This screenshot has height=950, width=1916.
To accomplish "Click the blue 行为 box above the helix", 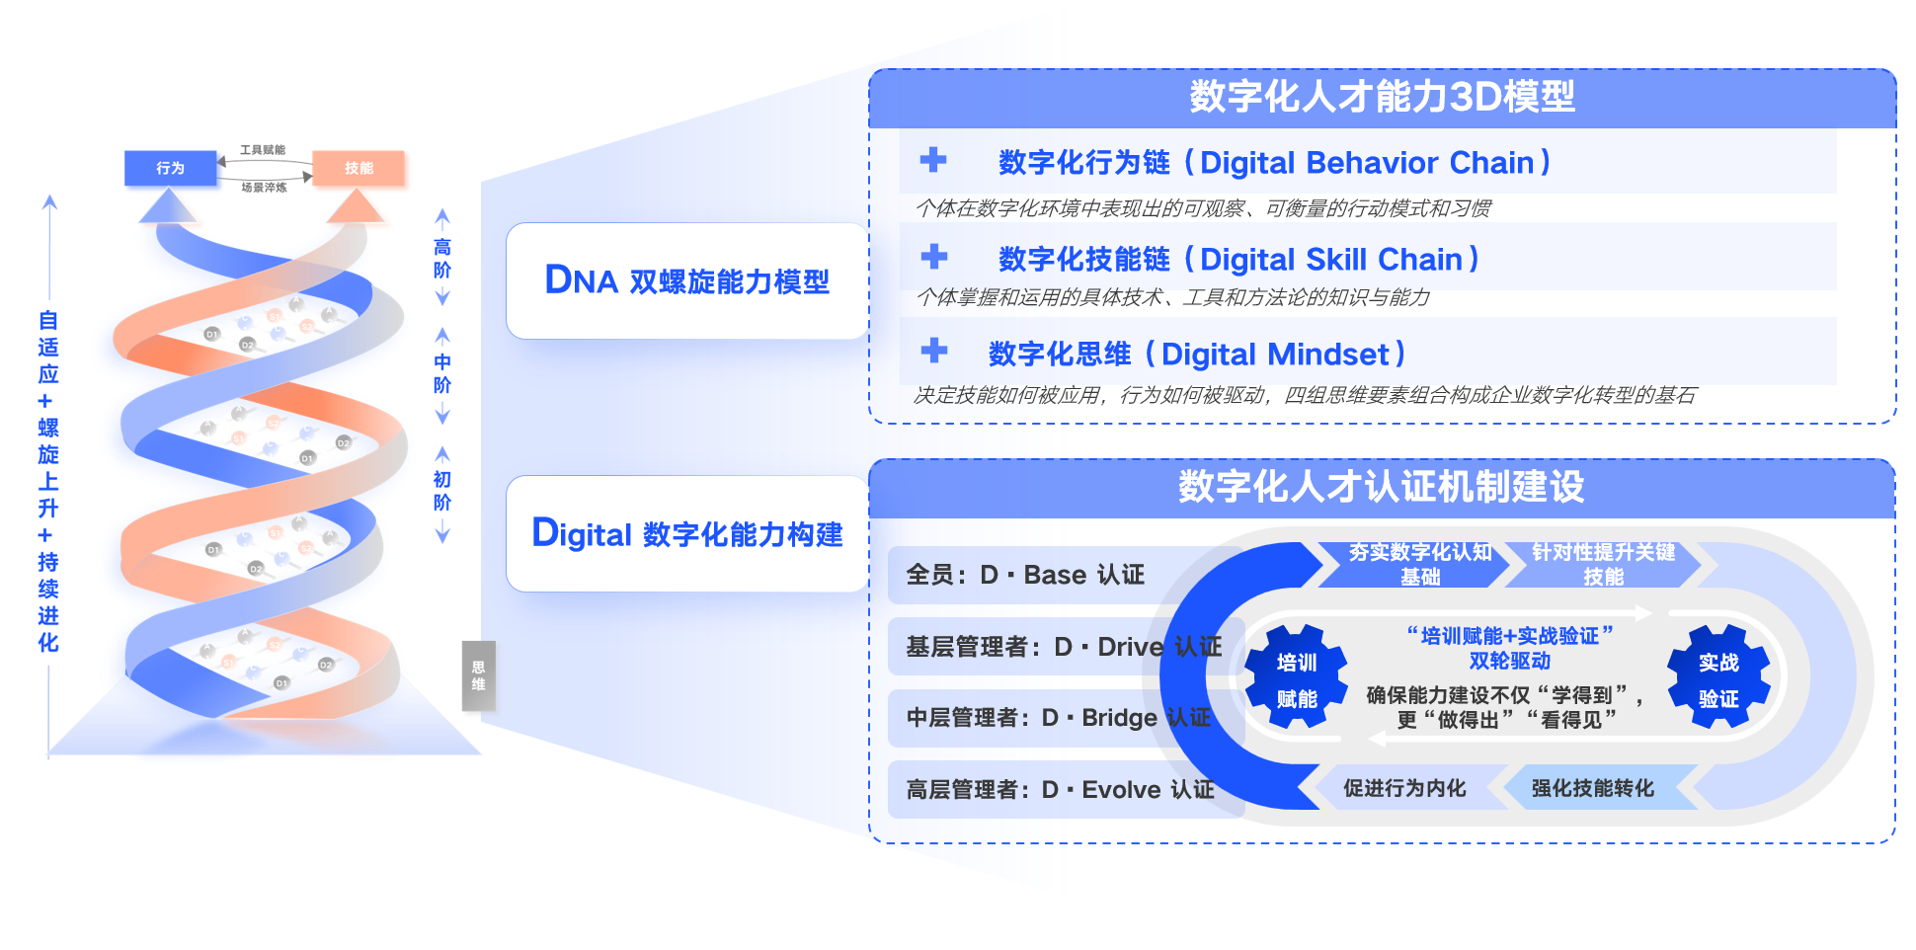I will pos(170,168).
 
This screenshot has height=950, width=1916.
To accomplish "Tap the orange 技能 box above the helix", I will pos(359,168).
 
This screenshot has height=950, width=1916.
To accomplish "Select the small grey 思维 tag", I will pos(478,675).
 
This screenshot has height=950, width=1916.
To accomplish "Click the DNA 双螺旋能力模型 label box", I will pos(687,281).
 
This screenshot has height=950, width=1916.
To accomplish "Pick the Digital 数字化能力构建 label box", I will pos(687,534).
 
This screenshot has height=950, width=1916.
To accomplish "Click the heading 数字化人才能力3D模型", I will pos(1382,97).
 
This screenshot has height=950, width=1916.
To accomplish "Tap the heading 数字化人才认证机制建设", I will pos(1381,487).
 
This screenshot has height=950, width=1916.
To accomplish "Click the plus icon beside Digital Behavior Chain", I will pos(933,160).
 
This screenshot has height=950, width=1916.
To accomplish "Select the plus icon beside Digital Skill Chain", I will pos(933,257).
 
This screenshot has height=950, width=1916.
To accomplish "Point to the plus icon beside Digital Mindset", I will pos(933,351).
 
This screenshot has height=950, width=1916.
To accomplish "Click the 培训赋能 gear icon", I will pos(1297,679).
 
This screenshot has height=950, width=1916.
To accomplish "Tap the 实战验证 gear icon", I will pos(1718,679).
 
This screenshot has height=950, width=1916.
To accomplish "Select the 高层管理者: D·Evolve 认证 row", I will pos(1060,790).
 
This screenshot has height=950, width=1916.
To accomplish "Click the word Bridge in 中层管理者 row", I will pos(1119,718).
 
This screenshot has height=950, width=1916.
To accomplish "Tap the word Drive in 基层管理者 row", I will pos(1131,647).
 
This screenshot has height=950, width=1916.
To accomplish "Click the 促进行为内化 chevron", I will pos(1404,788).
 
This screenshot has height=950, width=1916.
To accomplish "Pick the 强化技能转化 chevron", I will pos(1593,788).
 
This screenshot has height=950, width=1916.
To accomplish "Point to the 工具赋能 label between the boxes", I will pos(263,150).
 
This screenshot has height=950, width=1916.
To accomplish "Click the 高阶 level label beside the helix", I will pos(442,259).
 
